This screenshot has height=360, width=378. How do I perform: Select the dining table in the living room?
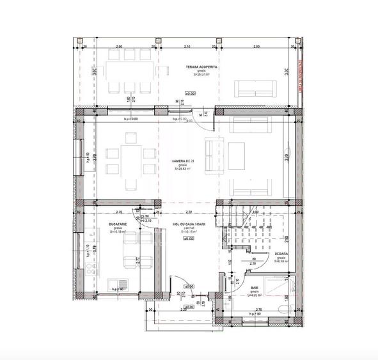[131, 160]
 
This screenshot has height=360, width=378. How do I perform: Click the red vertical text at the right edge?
[299, 77]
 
